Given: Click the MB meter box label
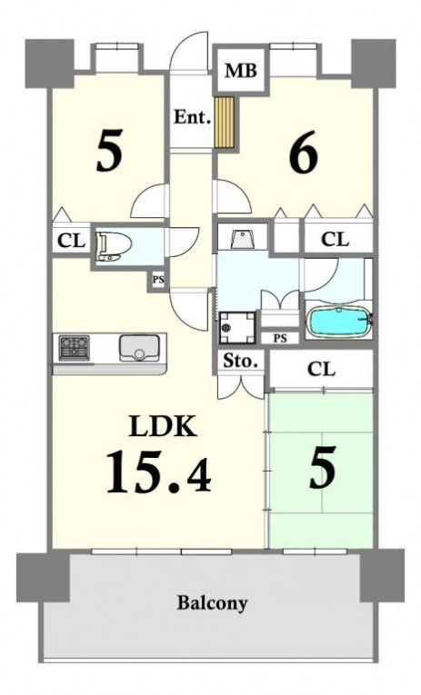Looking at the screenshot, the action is point(241,71).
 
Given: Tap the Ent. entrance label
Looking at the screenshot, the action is point(192,117).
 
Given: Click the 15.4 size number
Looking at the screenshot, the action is point(158,472).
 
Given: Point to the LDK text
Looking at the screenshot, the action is point(163,426).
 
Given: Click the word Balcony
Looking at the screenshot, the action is point(212,603).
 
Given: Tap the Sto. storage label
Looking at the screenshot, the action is point(240,362).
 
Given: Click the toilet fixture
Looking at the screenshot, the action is point(113,246).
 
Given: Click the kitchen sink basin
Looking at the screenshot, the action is point(139,348).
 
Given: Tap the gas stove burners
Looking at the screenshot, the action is point(74,347).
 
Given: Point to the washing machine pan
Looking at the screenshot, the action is point(237,328).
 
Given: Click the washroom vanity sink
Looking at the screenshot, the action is point(242,240).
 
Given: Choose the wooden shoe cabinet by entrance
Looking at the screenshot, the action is point(225,122).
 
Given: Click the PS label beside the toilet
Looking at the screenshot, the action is point(158,280).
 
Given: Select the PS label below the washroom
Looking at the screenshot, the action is point(279,338).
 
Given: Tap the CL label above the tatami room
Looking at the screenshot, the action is point(321,369).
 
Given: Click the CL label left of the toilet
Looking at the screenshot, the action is point(71,242).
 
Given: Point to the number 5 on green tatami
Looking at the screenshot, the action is point(323,468).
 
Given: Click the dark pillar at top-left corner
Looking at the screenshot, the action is point(49,63).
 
